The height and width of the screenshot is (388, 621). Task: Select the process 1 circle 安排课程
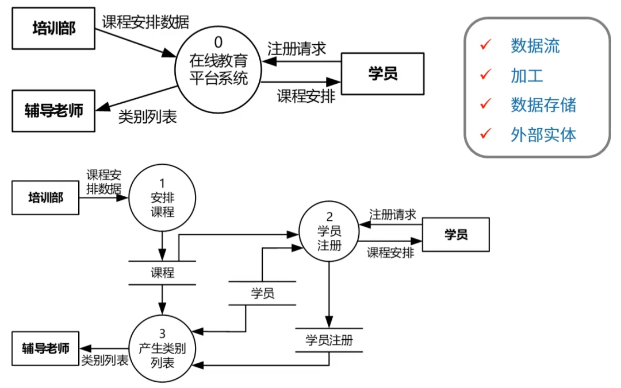coord(162,198)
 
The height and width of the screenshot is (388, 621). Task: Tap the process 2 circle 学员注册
coord(329,232)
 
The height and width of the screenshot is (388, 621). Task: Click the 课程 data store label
coord(162,273)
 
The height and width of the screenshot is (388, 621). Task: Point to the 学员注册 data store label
coord(329,340)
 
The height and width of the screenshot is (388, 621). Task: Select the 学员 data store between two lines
coord(262,293)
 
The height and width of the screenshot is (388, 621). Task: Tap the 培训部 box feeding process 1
coord(45,198)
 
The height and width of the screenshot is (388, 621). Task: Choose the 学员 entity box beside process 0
coord(382,73)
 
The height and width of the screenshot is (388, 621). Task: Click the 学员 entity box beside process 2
coord(456,234)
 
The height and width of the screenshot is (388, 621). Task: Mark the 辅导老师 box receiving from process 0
coord(53,111)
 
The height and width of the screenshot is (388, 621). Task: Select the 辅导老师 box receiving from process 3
coord(45,348)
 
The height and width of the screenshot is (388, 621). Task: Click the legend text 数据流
coord(535,45)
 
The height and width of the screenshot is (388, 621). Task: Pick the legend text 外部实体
coord(543,134)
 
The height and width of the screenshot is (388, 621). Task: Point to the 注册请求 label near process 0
coord(297,49)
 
